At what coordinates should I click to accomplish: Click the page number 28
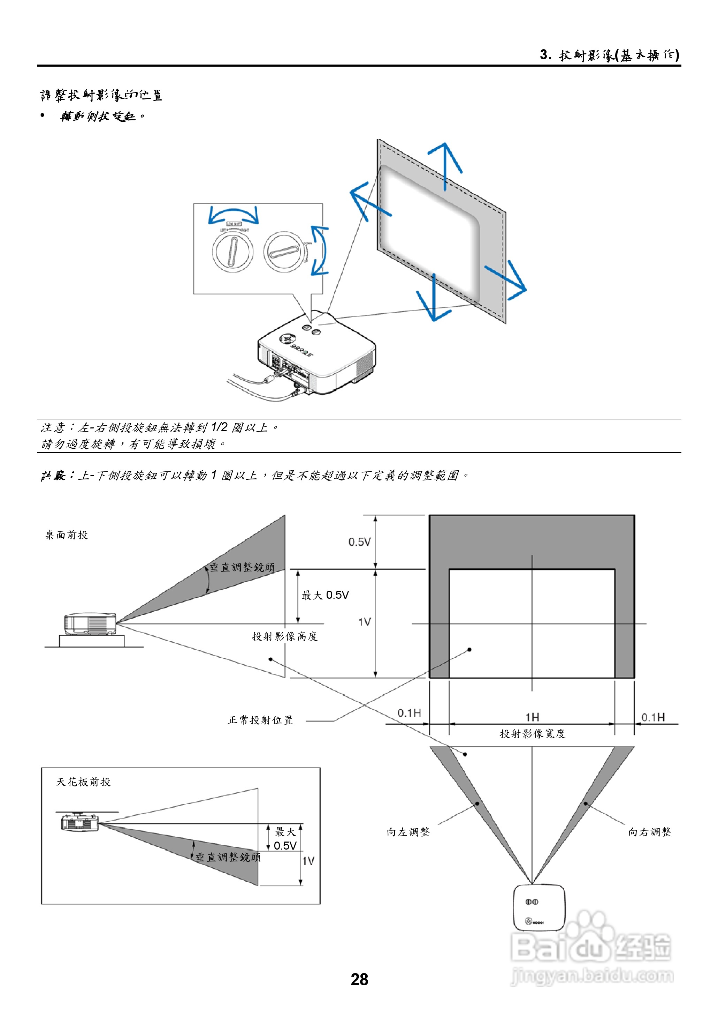coord(359,979)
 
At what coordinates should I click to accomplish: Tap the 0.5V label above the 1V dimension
coord(359,542)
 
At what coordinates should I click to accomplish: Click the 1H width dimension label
coord(532,717)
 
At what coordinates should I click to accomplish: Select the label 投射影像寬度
coord(532,734)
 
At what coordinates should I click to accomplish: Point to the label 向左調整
coord(408,832)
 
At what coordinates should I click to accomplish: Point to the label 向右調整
coord(649,832)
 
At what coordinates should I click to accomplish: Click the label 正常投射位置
coord(260,720)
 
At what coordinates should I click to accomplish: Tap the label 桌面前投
coord(67,535)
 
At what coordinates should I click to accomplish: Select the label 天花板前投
coord(84,782)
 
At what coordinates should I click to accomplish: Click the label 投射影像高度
coord(285,636)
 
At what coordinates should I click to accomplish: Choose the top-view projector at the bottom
coord(539,907)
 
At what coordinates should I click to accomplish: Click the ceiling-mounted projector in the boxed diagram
coord(79,822)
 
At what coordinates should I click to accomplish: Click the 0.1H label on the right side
coord(653,717)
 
